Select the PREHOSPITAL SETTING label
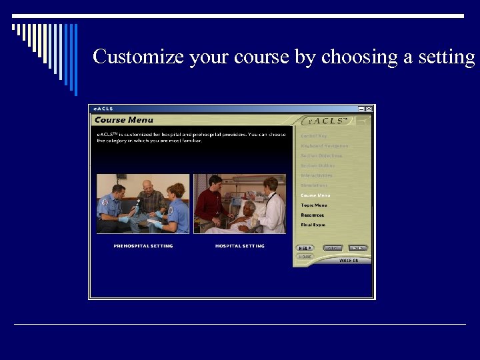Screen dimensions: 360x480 coord(143,246)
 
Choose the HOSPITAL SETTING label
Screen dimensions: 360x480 coord(239,246)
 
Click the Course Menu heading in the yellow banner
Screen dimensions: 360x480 coord(124,120)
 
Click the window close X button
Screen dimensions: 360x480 coord(369,109)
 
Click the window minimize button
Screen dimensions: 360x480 coord(361,109)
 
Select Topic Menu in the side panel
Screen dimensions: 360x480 coord(313,205)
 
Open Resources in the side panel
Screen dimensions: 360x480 coord(312,215)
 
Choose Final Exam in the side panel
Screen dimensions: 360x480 coord(313,225)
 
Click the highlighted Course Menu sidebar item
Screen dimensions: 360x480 coord(315,195)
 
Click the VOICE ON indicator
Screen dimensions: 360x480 coord(349,261)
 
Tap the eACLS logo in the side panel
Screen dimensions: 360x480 coord(327,121)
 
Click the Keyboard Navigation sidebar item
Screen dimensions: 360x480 coord(324,146)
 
